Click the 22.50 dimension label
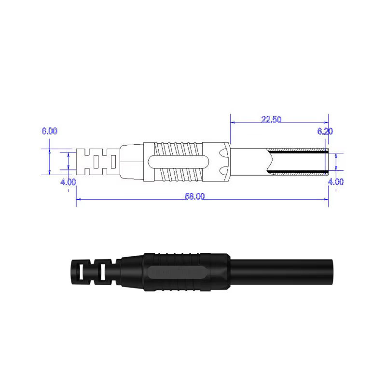[271, 119]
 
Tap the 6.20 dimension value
[325, 131]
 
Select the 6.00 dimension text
[49, 131]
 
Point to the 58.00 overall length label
[195, 196]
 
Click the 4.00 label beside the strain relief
[68, 182]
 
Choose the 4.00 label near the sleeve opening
[336, 182]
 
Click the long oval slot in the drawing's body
[179, 162]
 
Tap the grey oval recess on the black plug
[176, 272]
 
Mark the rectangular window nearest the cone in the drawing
[113, 162]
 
